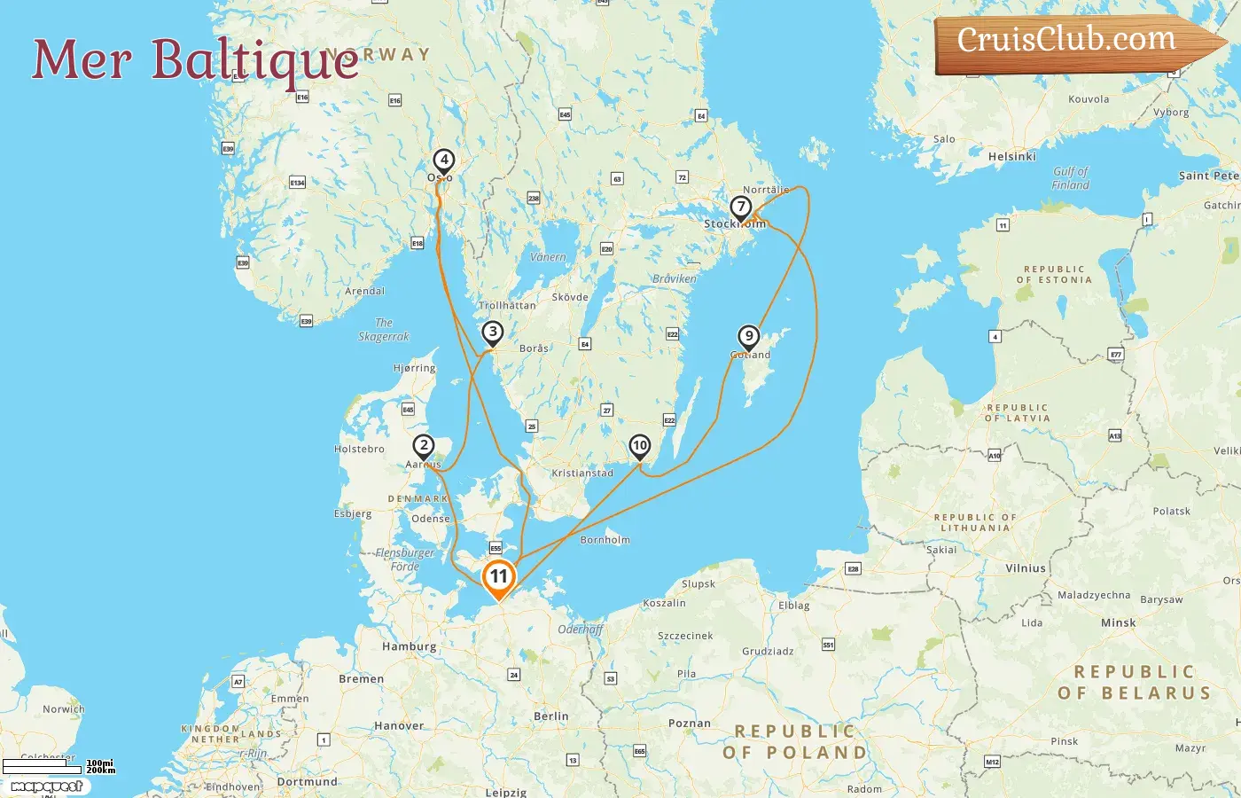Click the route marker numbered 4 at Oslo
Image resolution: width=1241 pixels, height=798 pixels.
point(443,161)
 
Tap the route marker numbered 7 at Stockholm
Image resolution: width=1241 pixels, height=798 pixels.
point(740,207)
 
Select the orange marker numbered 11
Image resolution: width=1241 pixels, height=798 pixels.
point(499,577)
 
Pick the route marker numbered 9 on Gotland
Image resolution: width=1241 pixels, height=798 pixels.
point(749,337)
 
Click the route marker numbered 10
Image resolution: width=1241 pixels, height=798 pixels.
point(639,446)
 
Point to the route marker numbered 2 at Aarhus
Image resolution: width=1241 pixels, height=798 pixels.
point(424,446)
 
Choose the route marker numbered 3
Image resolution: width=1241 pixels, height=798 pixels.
point(492,332)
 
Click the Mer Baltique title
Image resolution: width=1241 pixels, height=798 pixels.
point(195,59)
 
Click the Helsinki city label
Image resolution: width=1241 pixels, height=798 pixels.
point(1011,157)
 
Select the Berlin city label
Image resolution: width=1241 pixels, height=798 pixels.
point(550,716)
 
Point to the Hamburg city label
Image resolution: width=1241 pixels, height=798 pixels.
point(409,647)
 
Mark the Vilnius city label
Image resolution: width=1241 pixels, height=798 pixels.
point(1026,568)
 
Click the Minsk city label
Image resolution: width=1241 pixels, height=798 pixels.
point(1118,623)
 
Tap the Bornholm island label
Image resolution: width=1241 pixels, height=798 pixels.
point(605,540)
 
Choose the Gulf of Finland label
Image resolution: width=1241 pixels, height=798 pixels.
point(1070,178)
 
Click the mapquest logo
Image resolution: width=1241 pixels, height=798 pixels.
point(46,786)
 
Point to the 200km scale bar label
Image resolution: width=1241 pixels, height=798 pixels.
point(100,771)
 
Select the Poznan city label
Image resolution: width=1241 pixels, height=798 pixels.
point(689,724)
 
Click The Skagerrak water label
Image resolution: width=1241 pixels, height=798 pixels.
point(384,330)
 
